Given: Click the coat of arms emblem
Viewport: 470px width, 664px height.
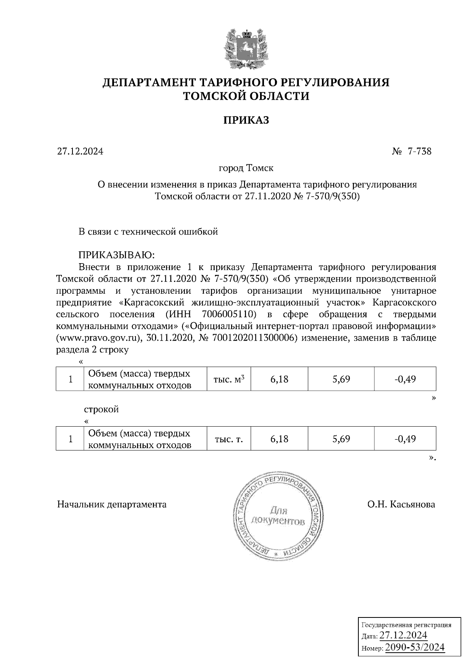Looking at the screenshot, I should coord(246,48).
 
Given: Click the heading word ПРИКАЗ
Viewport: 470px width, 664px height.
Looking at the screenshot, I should coord(246,120).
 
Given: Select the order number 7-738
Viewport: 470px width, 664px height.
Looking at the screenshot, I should coord(419,151).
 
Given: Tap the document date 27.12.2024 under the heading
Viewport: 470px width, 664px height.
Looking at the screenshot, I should coord(80,151).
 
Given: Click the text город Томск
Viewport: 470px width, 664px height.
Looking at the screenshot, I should coord(246,168).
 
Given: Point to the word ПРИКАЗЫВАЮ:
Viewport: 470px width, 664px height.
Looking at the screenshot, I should coord(117,255).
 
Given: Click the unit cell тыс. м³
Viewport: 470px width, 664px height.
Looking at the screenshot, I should coord(229,379).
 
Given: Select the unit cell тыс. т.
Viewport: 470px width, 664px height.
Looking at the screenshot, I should coord(229,439).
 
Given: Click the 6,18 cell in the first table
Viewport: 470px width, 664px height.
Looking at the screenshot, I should coord(279,379).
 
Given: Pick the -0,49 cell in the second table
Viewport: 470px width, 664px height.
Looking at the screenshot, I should coord(405,439).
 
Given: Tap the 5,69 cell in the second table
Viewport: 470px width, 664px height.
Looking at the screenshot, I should coord(341,439).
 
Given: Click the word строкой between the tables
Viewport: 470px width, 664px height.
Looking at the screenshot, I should coord(101,409).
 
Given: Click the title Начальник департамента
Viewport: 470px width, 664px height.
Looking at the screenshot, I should coord(112,504).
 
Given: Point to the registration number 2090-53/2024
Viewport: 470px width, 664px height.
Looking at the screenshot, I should coord(415,647).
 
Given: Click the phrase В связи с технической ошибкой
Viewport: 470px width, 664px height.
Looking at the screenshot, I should coord(148,232).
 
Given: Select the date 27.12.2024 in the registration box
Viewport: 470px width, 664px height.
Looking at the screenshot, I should coord(403,635).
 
